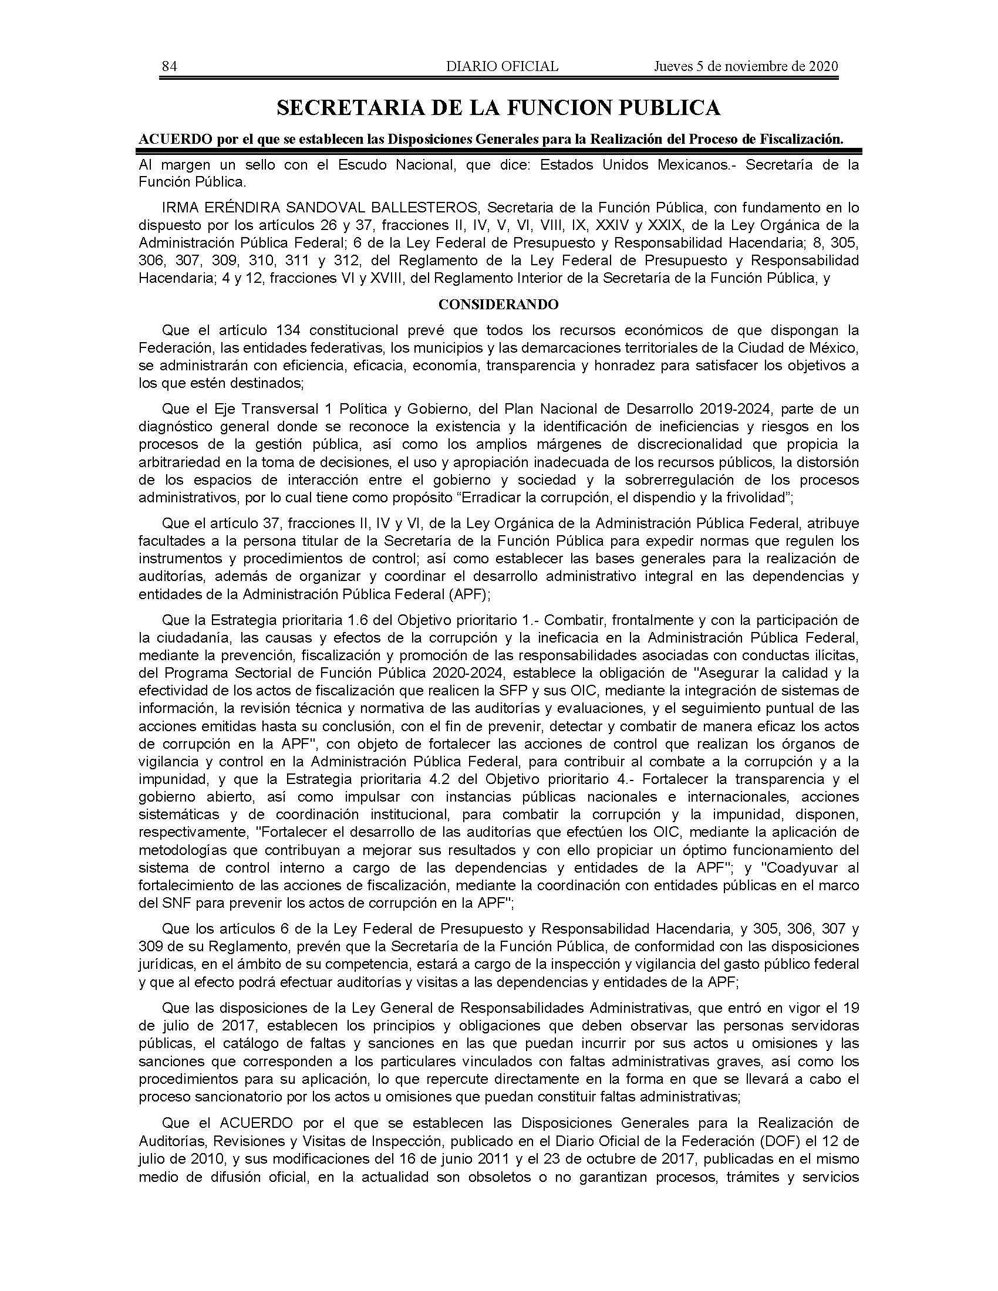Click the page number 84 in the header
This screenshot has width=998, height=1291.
click(x=169, y=66)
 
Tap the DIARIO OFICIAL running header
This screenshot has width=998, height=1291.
click(x=502, y=66)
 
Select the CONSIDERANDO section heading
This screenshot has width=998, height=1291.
click(x=498, y=305)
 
